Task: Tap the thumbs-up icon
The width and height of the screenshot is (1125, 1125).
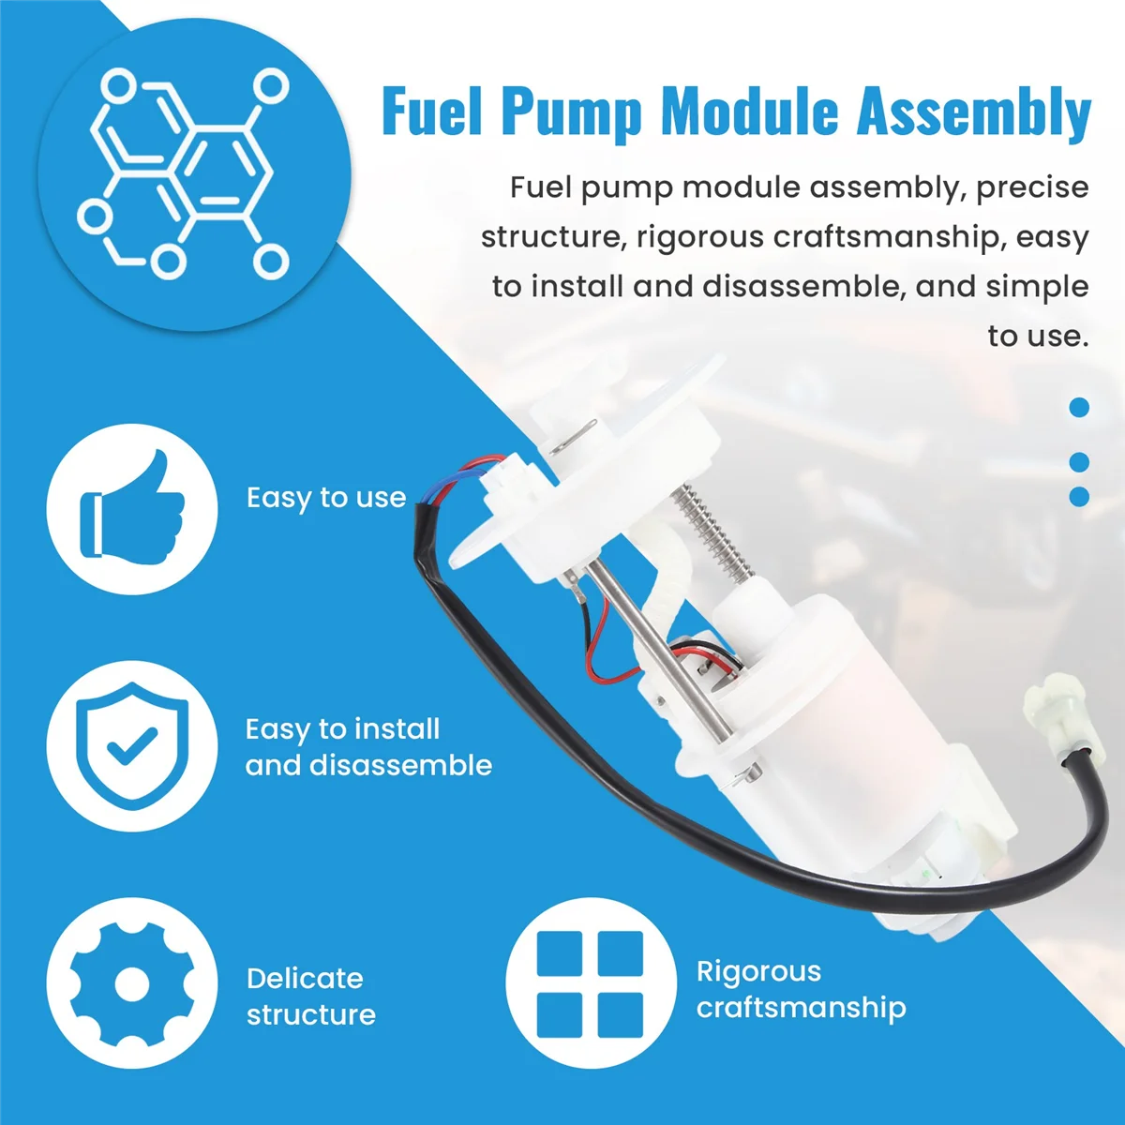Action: point(132,508)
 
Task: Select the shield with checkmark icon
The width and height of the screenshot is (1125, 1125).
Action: point(132,745)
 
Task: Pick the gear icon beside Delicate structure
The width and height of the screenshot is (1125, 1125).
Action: point(132,983)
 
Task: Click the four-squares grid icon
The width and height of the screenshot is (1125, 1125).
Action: point(590,983)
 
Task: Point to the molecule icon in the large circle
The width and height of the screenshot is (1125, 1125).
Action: point(184,173)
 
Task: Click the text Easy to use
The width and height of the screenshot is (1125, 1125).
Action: point(326,498)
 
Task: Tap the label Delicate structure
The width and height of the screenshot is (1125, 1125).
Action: point(310,996)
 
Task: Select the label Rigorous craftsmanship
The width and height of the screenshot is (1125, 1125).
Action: point(801,989)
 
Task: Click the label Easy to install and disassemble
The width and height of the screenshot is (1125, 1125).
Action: point(368,747)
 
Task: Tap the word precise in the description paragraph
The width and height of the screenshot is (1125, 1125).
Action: point(1032,187)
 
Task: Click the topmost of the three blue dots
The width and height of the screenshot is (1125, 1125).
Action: point(1079,407)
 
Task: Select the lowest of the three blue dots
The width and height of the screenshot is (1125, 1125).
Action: point(1079,496)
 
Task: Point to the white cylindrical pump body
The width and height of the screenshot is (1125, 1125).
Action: point(825,712)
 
